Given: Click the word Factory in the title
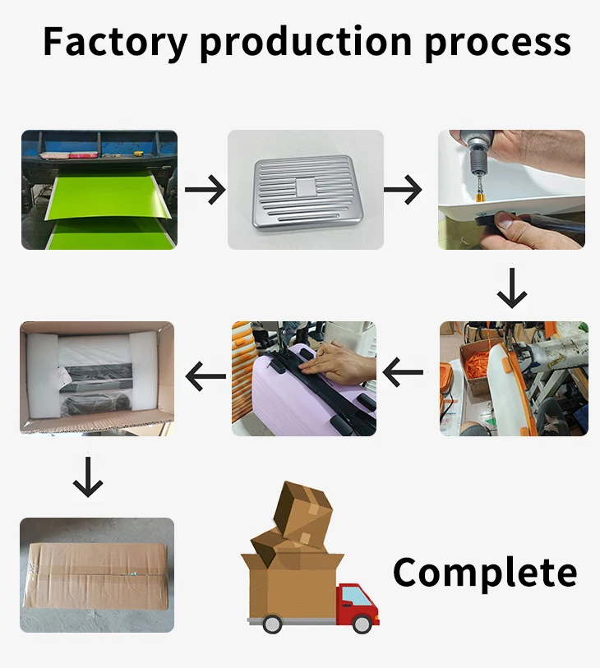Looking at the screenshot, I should (x=113, y=40).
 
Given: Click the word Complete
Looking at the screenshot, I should (x=484, y=572).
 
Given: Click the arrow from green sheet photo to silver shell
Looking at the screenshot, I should (x=205, y=191).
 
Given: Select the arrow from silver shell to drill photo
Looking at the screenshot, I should (x=403, y=191).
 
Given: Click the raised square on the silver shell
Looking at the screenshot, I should (x=305, y=187).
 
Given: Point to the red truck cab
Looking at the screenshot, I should (x=358, y=604).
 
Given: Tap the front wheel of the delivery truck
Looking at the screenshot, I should (x=361, y=624).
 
